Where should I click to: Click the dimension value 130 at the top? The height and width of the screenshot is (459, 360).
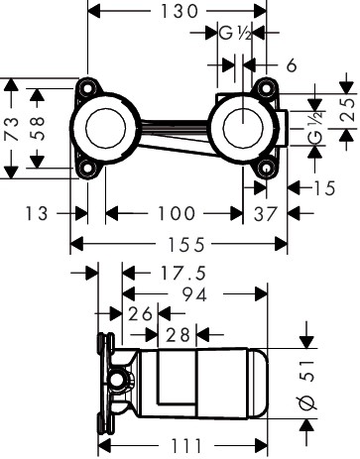pyautogui.click(x=179, y=11)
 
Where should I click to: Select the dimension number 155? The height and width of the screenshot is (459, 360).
pyautogui.click(x=186, y=245)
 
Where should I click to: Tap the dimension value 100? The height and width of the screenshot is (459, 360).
pyautogui.click(x=177, y=213)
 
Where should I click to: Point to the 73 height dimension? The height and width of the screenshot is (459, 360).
pyautogui.click(x=11, y=129)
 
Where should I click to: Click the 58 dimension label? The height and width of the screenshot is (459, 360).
pyautogui.click(x=37, y=128)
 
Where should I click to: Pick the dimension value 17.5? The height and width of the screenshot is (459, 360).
pyautogui.click(x=182, y=274)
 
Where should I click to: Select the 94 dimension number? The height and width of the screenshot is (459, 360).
pyautogui.click(x=195, y=294)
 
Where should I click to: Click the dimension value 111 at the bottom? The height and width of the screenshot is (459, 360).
pyautogui.click(x=186, y=446)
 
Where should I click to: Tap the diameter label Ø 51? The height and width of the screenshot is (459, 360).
pyautogui.click(x=307, y=385)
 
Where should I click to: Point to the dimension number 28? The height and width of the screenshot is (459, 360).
pyautogui.click(x=178, y=335)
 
